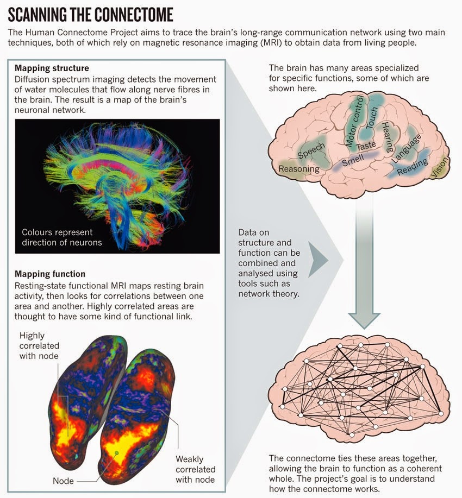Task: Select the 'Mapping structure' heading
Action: [52, 68]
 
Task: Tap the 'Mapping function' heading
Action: [50, 274]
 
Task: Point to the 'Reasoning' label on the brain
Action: [298, 169]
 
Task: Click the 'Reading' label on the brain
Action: [413, 166]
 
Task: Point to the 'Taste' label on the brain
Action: [366, 146]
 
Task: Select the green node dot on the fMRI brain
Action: [116, 452]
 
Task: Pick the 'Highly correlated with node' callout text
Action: [39, 345]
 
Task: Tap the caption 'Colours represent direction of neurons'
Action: [61, 237]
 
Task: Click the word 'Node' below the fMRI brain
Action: [63, 481]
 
